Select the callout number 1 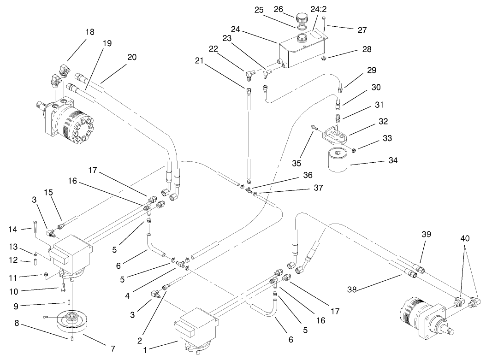(146, 350)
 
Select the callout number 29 (372, 71)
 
